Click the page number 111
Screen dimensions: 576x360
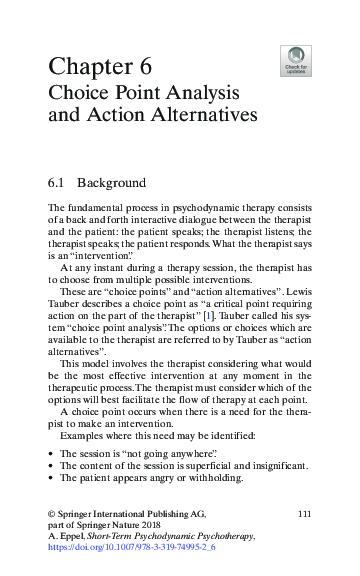click(306, 513)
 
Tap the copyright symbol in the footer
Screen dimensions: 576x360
click(52, 513)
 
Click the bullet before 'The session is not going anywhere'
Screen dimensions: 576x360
click(51, 452)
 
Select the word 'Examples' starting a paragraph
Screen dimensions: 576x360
click(82, 436)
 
